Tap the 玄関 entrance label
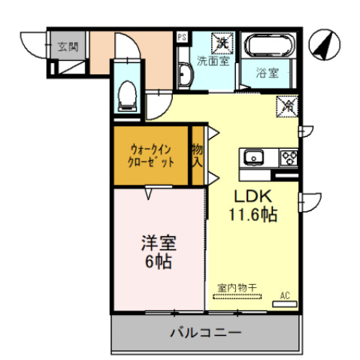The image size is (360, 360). pyautogui.click(x=68, y=47)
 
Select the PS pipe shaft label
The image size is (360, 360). pyautogui.click(x=181, y=36)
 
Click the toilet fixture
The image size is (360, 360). pyautogui.click(x=127, y=95)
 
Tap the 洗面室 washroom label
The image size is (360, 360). pyautogui.click(x=212, y=60)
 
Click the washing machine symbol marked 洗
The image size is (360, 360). pyautogui.click(x=223, y=42)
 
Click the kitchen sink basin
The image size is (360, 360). pyautogui.click(x=253, y=157)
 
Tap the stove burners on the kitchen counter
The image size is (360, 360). pyautogui.click(x=288, y=157)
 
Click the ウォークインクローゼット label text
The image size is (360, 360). pyautogui.click(x=153, y=156)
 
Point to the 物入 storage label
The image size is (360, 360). pyautogui.click(x=198, y=156)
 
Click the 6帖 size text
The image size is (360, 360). pyautogui.click(x=159, y=262)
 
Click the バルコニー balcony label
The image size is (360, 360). pyautogui.click(x=205, y=331)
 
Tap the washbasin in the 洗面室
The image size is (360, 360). pyautogui.click(x=184, y=74)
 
